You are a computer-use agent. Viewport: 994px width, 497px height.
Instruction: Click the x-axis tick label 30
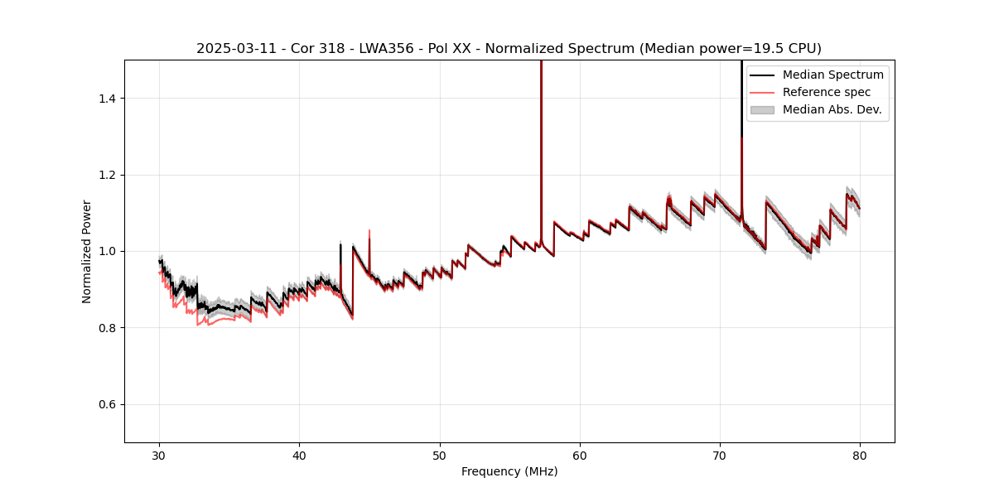[x=160, y=455]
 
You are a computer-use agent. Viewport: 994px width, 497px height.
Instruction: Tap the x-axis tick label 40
[x=300, y=455]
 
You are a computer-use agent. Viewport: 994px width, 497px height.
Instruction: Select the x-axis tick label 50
[x=440, y=455]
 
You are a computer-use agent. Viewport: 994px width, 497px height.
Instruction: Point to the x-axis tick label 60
[x=580, y=455]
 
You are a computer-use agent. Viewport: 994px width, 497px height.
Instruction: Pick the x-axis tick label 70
[x=720, y=455]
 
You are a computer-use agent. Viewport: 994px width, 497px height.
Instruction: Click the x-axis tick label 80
[x=860, y=455]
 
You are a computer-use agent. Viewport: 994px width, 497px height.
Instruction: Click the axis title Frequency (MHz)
[x=509, y=471]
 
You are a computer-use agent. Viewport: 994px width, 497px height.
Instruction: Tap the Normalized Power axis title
[x=87, y=251]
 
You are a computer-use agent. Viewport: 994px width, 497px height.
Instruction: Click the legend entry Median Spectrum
[x=832, y=75]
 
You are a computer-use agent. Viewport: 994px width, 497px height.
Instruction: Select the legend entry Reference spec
[x=826, y=92]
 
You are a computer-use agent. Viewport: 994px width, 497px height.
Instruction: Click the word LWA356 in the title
[x=387, y=49]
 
